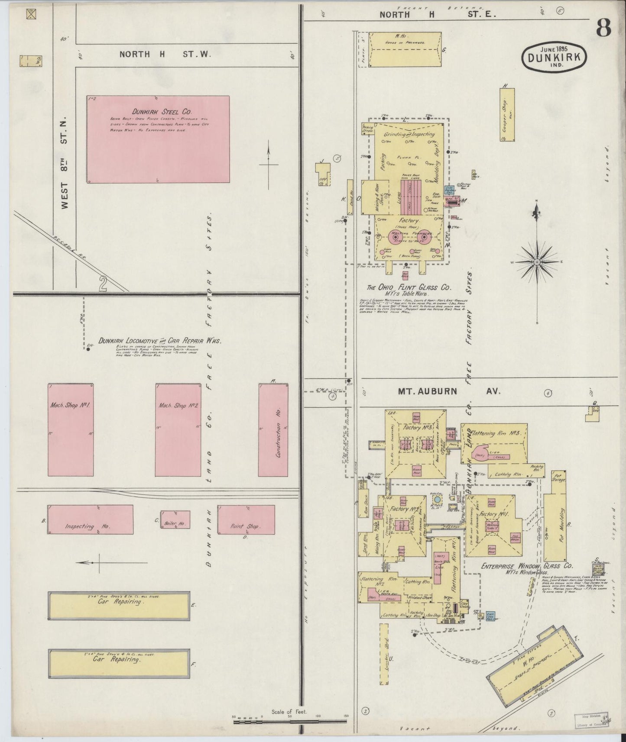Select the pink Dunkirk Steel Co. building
158,139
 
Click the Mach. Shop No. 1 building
70,429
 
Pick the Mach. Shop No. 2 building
178,429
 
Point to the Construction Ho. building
273,429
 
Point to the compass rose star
537,262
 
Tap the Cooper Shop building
509,113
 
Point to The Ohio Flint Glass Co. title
409,287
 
